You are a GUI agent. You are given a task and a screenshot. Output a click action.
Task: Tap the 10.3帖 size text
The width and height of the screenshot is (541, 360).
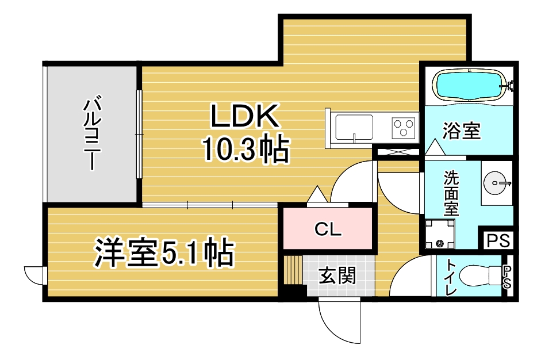[244, 150]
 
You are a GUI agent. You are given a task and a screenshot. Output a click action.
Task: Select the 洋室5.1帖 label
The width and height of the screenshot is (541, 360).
[164, 254]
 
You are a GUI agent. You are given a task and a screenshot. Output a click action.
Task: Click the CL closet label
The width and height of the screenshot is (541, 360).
[328, 230]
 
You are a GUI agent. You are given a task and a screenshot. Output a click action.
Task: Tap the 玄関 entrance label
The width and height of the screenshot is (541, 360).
[337, 276]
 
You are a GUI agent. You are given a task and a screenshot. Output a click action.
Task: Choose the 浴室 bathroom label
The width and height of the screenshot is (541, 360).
[461, 131]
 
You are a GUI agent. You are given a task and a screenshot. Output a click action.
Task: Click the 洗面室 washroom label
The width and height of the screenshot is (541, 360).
[451, 193]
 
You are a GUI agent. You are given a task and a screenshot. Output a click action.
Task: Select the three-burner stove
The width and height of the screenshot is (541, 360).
[404, 126]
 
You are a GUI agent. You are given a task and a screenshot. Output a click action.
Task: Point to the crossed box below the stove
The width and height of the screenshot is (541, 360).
[397, 153]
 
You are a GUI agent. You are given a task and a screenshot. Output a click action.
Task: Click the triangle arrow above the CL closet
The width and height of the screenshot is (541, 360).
[317, 195]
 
